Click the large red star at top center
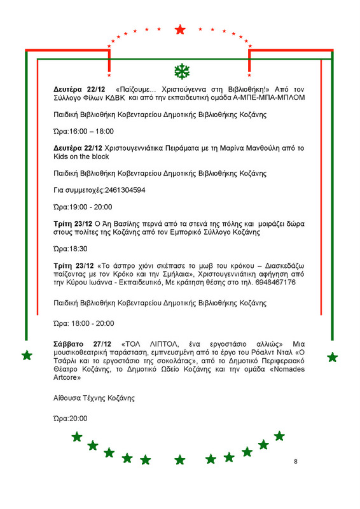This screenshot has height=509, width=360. pos(180,29)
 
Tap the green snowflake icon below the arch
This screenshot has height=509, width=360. pos(180,70)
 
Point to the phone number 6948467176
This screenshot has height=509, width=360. pos(276,282)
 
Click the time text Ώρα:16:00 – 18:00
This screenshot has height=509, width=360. pos(83,132)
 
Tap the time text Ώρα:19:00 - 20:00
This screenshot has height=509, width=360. pos(83,207)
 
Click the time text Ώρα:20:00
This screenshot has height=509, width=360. pos(71,418)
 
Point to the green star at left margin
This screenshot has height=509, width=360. pos(27,355)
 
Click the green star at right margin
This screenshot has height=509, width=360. pos(332,357)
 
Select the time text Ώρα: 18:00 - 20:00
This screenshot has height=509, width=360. pos(84,323)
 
